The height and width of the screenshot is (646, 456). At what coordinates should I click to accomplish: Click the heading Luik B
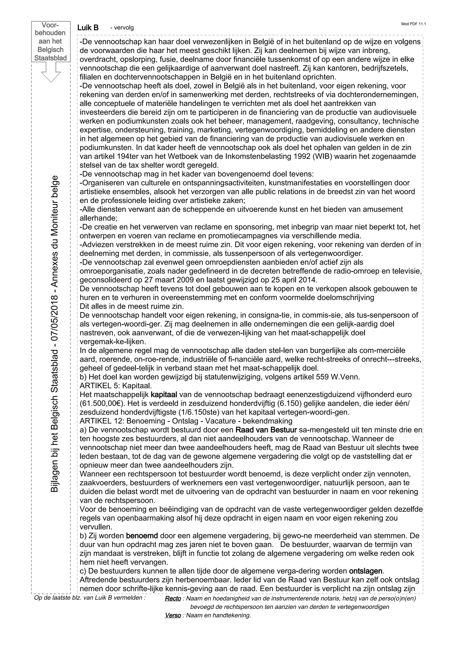tap(88, 28)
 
